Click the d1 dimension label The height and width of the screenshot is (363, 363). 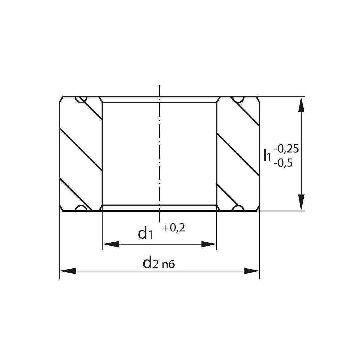pyautogui.click(x=145, y=233)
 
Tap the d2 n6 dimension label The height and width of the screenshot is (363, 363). pyautogui.click(x=159, y=263)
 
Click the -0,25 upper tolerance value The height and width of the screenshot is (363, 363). pyautogui.click(x=286, y=149)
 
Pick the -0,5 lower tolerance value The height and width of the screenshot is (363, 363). pyautogui.click(x=283, y=163)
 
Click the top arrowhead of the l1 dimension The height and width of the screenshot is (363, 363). pyautogui.click(x=301, y=105)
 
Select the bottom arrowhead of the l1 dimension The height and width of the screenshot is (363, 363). pyautogui.click(x=301, y=203)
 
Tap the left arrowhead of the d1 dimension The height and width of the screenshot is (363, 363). pyautogui.click(x=111, y=244)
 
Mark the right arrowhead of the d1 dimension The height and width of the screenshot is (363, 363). pyautogui.click(x=209, y=244)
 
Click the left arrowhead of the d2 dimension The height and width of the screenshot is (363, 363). pyautogui.click(x=68, y=271)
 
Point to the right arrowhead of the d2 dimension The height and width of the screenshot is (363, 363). pyautogui.click(x=251, y=271)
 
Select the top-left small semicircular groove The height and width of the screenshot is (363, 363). pyautogui.click(x=81, y=99)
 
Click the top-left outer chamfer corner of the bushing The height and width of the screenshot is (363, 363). pyautogui.click(x=61, y=99)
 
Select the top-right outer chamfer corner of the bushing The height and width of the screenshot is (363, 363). pyautogui.click(x=258, y=99)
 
